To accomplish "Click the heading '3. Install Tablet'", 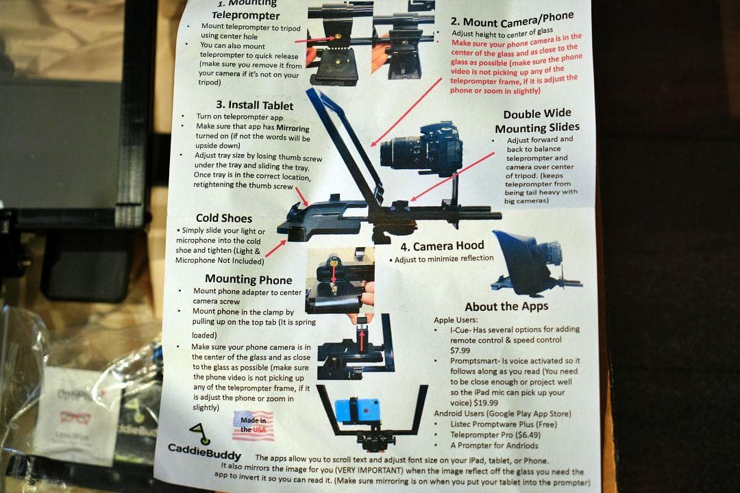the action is [x=255, y=105].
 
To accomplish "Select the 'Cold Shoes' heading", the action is [x=224, y=218].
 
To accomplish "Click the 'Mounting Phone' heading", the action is [x=249, y=280].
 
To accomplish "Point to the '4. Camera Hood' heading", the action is [x=442, y=246].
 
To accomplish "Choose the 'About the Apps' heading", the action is [x=506, y=307].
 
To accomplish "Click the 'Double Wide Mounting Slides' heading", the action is [x=537, y=121].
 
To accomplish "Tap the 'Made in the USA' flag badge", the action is [x=254, y=425].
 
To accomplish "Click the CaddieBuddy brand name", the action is [x=205, y=451].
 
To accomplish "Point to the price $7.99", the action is [x=460, y=351].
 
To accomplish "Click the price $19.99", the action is [x=486, y=403].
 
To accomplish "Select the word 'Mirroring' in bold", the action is [x=293, y=128].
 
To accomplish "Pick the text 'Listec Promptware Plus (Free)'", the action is [x=504, y=424].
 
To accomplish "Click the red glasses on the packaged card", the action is [x=75, y=418].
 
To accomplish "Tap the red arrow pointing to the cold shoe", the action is [x=275, y=249].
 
